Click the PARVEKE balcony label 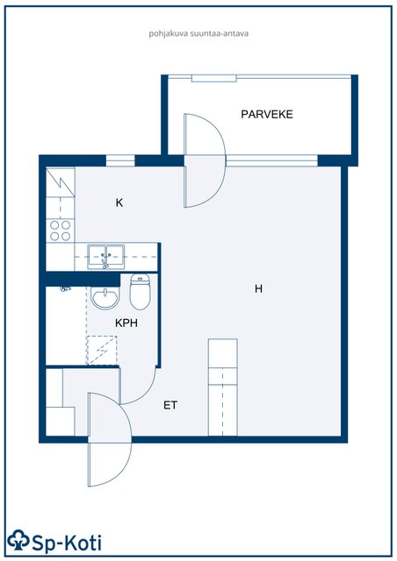tap(267, 115)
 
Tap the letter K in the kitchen tap(119, 202)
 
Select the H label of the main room tap(258, 288)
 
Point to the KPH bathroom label tap(126, 323)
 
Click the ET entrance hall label tap(170, 405)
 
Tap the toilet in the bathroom tap(140, 292)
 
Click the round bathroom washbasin tap(105, 297)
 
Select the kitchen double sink tap(106, 257)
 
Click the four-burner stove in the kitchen tap(61, 231)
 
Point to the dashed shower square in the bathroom tap(102, 351)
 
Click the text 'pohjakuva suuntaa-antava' tap(198, 34)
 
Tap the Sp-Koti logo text tap(67, 543)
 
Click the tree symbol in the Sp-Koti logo tap(18, 539)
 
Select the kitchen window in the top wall tap(120, 160)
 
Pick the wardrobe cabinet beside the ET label tap(223, 387)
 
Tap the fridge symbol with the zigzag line tap(61, 181)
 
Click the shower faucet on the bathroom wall tap(65, 288)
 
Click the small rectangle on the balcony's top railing tap(213, 78)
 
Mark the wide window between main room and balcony tap(271, 160)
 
